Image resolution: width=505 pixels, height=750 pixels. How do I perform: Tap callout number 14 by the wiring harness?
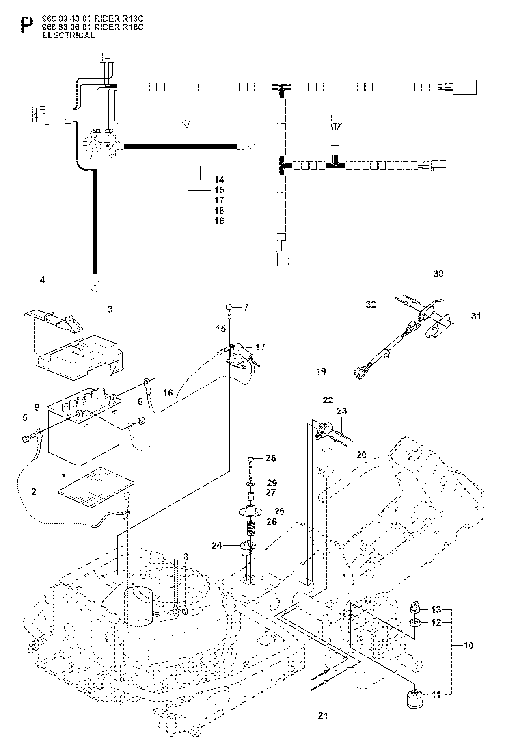(219, 180)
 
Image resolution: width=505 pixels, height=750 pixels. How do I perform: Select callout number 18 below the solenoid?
(219, 211)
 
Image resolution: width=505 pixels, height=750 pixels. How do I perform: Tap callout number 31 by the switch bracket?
(476, 316)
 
